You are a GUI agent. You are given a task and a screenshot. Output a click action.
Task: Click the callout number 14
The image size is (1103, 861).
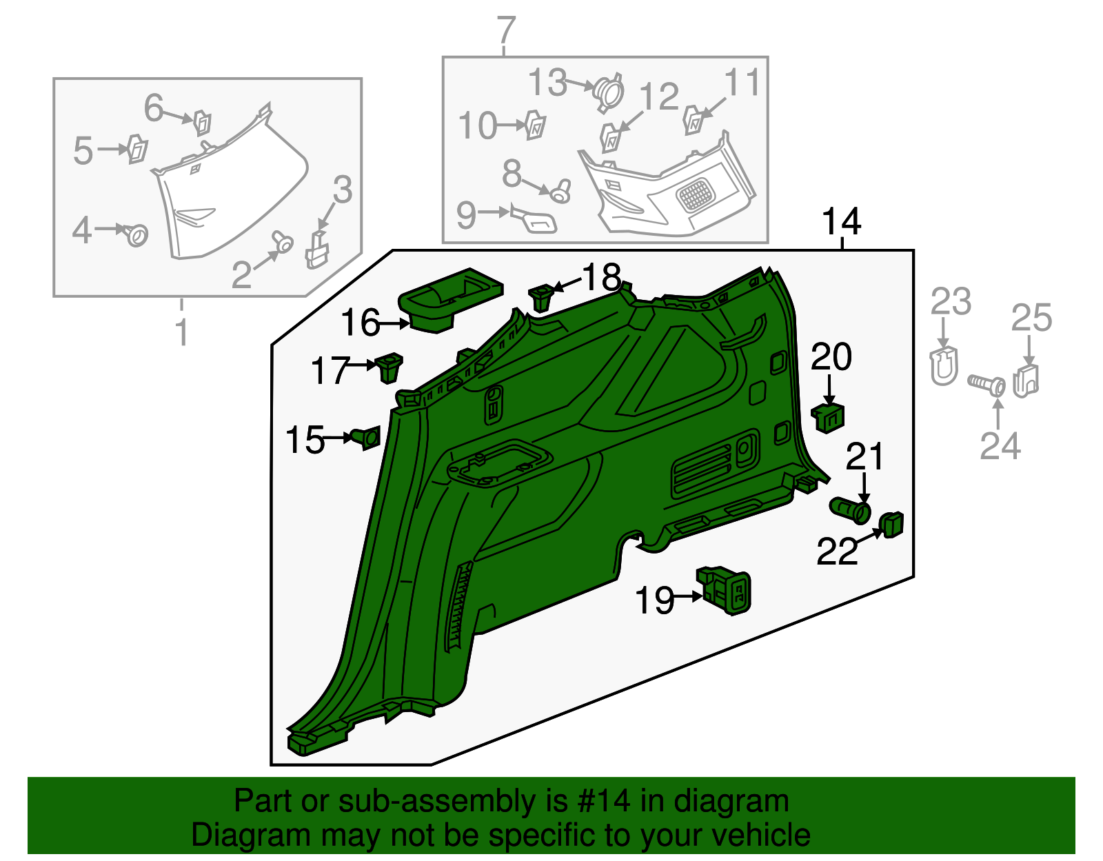point(842,222)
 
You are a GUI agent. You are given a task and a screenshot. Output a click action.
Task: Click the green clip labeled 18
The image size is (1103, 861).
point(542,297)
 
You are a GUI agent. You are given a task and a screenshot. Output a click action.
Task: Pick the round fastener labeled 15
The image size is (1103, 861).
point(367,438)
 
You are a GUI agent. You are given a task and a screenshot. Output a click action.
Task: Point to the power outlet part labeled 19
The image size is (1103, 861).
point(725,589)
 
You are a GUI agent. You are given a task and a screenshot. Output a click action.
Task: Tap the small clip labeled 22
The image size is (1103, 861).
point(891,525)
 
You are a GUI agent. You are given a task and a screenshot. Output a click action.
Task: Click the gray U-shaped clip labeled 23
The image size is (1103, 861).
point(944,366)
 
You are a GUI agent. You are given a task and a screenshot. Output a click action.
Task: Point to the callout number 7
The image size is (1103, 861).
point(506,30)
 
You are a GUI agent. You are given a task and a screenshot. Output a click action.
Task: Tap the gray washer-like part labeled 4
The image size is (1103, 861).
point(136,235)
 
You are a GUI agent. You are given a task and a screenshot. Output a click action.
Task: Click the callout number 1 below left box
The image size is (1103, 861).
point(181,332)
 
